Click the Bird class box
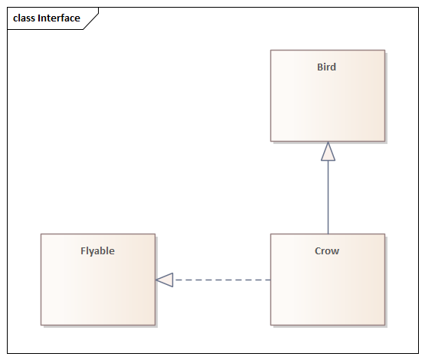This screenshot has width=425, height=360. tap(328, 96)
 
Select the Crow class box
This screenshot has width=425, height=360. tap(328, 280)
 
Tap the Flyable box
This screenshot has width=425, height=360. tap(98, 280)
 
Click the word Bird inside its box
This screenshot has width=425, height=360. tap(327, 67)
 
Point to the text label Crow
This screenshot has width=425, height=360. tap(327, 251)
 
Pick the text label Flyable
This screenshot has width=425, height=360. tap(97, 251)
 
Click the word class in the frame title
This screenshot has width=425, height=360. tap(25, 18)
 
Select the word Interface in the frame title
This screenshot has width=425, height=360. tap(59, 18)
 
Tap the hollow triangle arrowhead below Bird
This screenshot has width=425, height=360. tap(328, 151)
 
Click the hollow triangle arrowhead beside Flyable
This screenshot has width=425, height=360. tap(165, 280)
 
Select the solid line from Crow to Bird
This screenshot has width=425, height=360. tap(328, 197)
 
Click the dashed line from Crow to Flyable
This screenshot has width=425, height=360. tap(222, 280)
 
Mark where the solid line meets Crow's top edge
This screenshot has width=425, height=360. tap(328, 234)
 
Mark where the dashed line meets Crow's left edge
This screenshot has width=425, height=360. tap(270, 280)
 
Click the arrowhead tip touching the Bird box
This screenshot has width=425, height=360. tap(328, 142)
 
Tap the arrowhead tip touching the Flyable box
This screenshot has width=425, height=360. tap(156, 280)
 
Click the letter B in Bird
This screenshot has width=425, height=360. tap(320, 67)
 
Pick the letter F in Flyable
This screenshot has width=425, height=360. tap(83, 251)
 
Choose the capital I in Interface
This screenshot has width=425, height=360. tap(39, 18)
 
